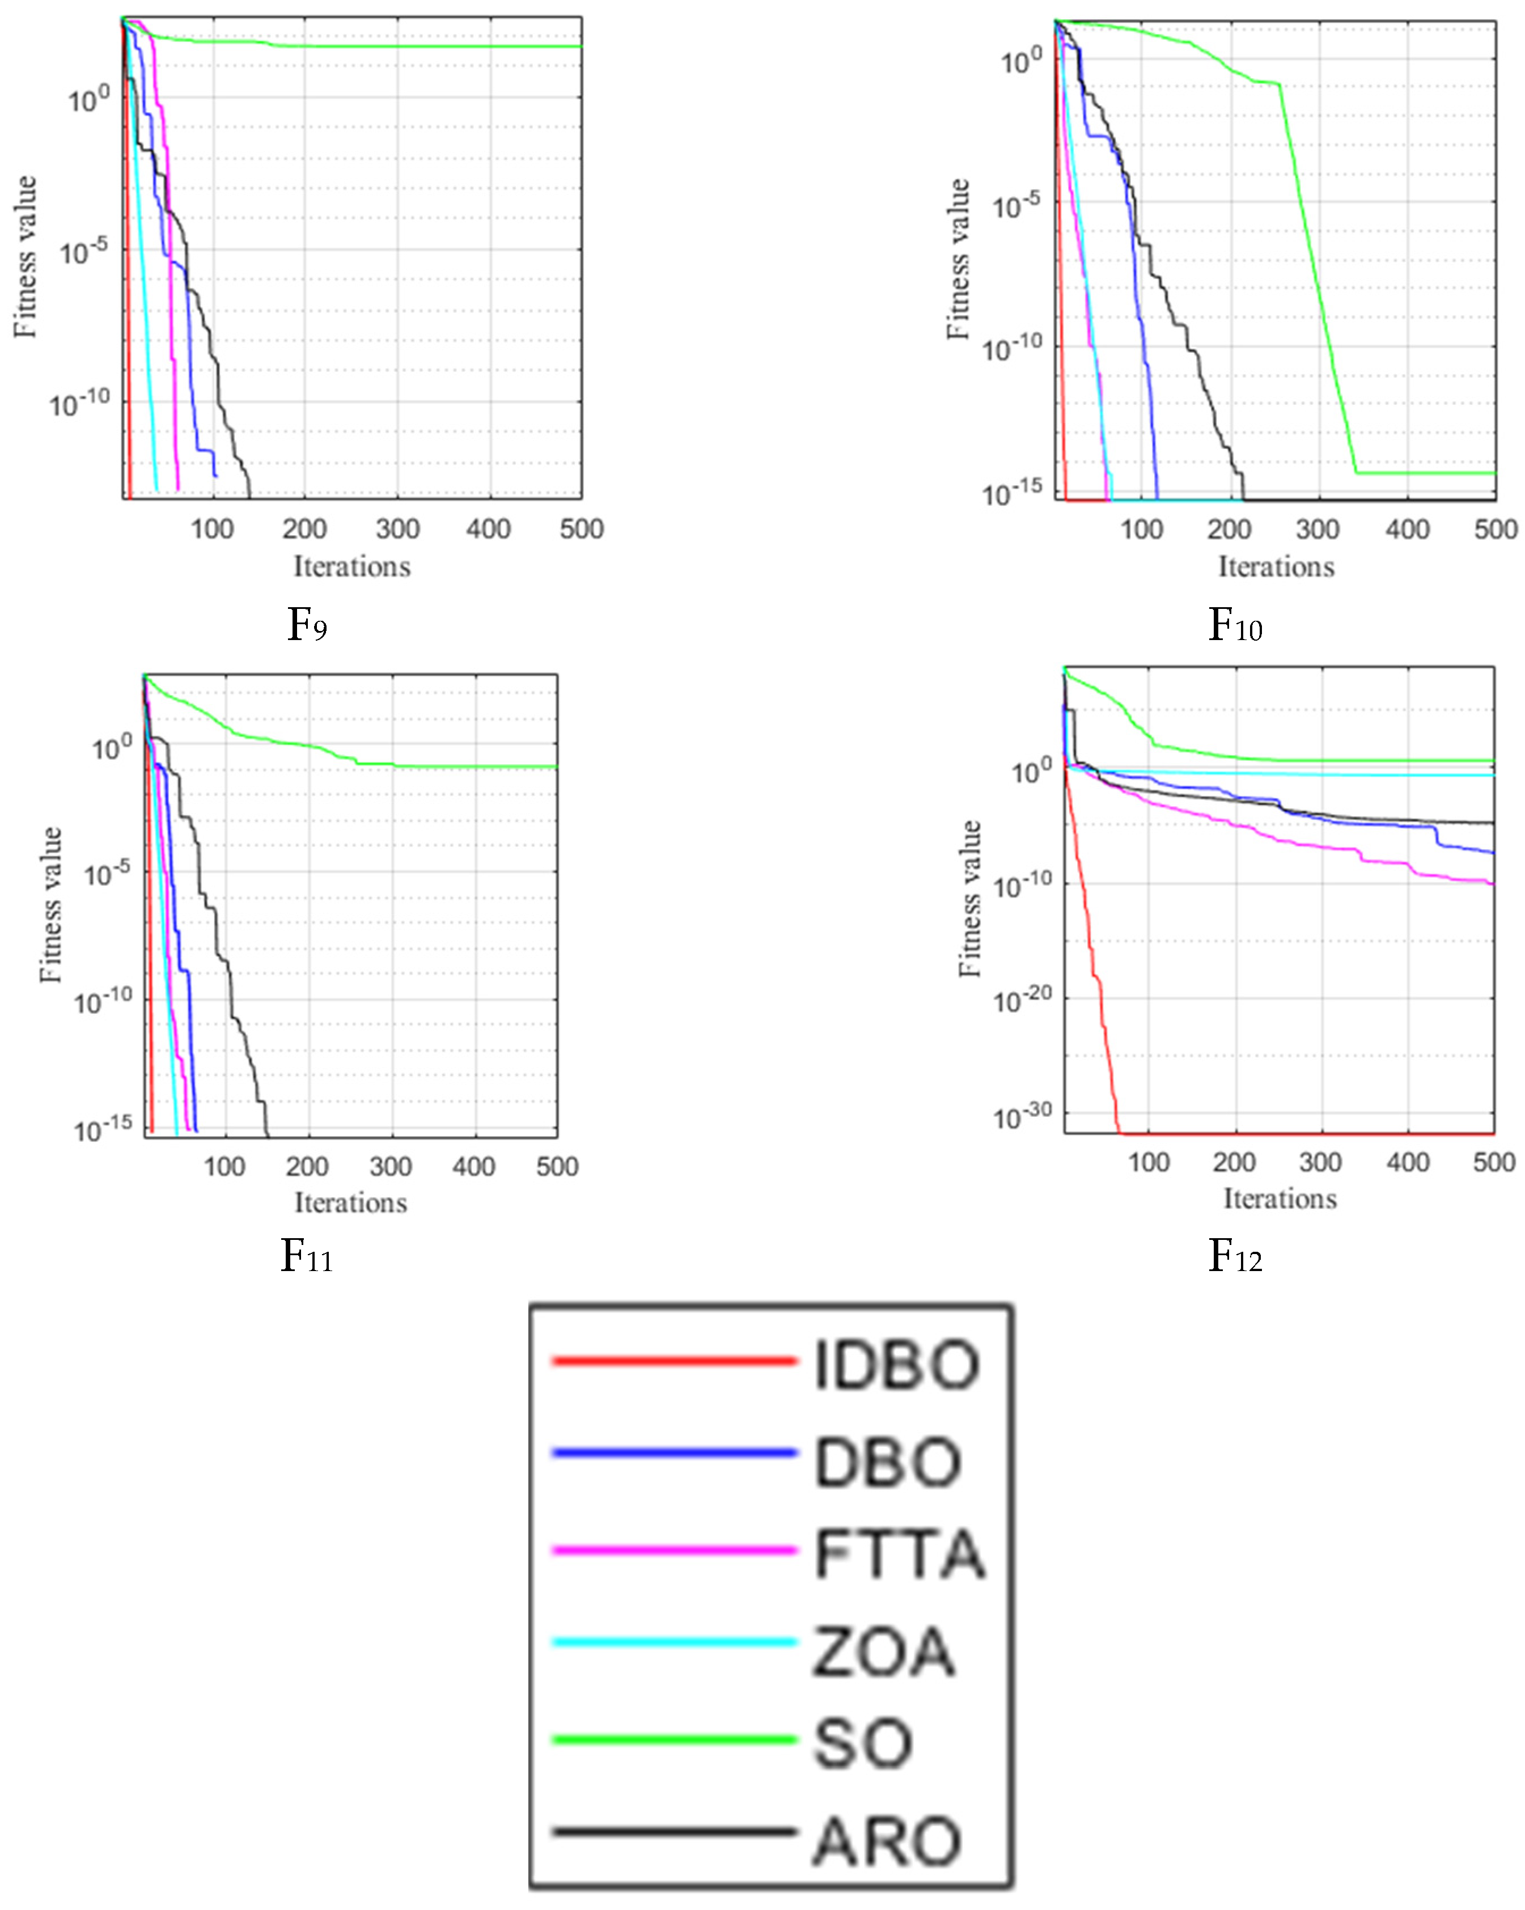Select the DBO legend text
[887, 1463]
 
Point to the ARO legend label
[887, 1842]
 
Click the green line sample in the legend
[673, 1740]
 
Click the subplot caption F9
[307, 625]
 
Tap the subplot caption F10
[1234, 625]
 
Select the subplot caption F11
[307, 1256]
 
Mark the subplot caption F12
[1234, 1256]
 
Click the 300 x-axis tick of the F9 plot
[397, 529]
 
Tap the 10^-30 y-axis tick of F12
[1022, 1117]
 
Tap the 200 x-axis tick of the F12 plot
[1234, 1162]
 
